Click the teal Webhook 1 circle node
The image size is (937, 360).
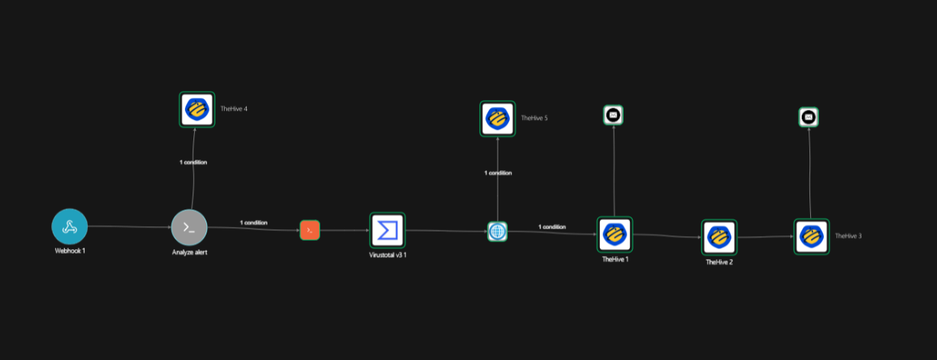coord(70,226)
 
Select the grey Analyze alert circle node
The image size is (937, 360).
coord(189,228)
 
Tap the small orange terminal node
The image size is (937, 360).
coord(310,230)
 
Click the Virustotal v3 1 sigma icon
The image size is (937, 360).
coord(387,230)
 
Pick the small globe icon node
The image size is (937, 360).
coord(498,232)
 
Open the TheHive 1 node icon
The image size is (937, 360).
coord(614,235)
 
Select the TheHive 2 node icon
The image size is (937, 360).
coord(719,238)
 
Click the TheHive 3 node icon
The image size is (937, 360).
coord(812,237)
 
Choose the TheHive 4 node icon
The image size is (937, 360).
coord(197,109)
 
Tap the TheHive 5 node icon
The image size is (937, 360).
coord(498,118)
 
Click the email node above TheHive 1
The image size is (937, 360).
coord(613,115)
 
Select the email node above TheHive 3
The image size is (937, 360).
coord(809,117)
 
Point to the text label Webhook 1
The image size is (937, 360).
coord(70,251)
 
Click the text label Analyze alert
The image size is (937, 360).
coord(190,252)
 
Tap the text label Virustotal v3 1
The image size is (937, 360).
coord(387,255)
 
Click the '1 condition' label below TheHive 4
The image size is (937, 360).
coord(193,162)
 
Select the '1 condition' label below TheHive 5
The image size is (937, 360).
coord(498,173)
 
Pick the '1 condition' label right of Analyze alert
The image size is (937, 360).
coord(254,222)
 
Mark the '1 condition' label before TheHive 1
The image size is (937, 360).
coord(552,226)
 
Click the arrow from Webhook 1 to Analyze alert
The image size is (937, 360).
coord(130,227)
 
